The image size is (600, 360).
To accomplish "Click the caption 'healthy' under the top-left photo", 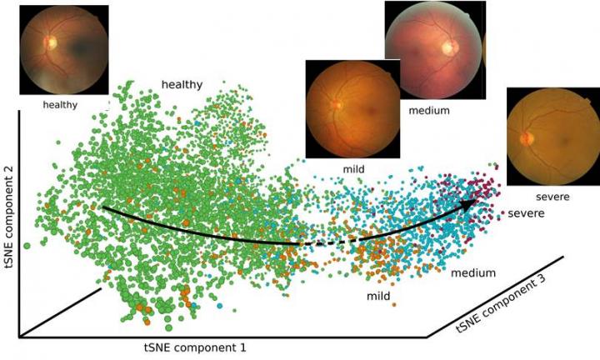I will [59, 105].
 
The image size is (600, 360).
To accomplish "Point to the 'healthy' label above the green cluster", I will [182, 84].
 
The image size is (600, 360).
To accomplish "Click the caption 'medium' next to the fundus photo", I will [429, 110].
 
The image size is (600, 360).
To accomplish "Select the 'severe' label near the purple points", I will [526, 214].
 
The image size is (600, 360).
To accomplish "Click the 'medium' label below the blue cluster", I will [473, 272].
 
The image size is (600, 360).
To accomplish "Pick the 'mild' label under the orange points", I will [379, 295].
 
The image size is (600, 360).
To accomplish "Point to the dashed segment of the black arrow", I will [325, 242].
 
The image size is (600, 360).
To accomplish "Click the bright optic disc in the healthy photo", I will [51, 42].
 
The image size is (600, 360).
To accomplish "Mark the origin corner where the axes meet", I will [18, 337].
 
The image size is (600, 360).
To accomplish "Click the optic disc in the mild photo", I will [337, 105].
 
